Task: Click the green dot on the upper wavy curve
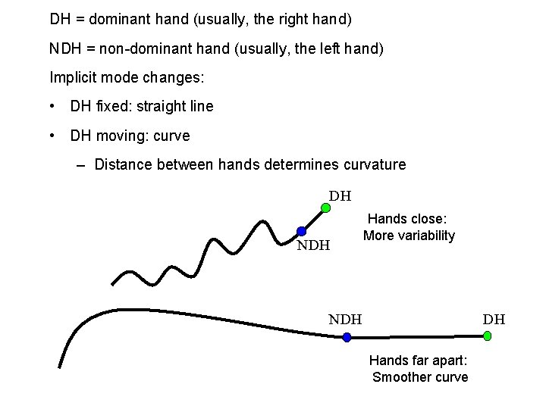pyautogui.click(x=325, y=208)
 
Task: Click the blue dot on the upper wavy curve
pyautogui.click(x=301, y=231)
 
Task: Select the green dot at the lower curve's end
pyautogui.click(x=487, y=336)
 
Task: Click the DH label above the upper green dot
pyautogui.click(x=340, y=195)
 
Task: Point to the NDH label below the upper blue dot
pyautogui.click(x=313, y=245)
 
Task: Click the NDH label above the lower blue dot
pyautogui.click(x=345, y=319)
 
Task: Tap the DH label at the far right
pyautogui.click(x=494, y=319)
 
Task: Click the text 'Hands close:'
pyautogui.click(x=407, y=220)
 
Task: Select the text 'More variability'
pyautogui.click(x=409, y=236)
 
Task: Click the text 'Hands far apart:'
pyautogui.click(x=419, y=361)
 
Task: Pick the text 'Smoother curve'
pyautogui.click(x=420, y=377)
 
